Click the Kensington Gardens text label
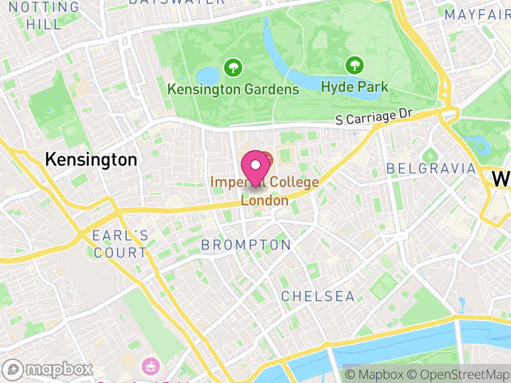233,89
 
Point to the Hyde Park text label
354,86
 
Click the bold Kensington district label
91,160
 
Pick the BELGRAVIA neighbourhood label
432,169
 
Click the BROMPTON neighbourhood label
246,244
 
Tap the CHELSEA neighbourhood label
318,296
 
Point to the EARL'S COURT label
120,244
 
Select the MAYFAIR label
476,14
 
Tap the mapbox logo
48,370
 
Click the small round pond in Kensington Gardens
208,75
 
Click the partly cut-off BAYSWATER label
177,2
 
